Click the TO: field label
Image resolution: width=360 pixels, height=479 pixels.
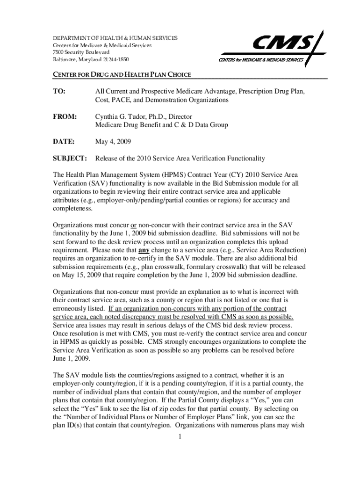[59, 91]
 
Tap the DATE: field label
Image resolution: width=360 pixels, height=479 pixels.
[64, 141]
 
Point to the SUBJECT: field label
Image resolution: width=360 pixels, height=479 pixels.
[70, 158]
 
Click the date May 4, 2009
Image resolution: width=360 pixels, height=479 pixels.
[113, 141]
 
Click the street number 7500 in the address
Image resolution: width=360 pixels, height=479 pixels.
[58, 52]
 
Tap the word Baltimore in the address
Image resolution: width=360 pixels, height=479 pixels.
[64, 60]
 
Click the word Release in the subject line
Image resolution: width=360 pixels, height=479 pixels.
[107, 158]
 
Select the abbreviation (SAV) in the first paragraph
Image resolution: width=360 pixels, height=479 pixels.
[98, 183]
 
